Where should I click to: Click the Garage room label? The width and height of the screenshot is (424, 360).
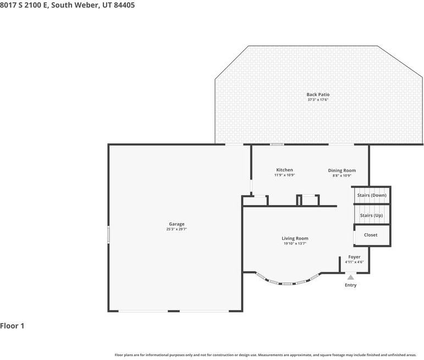tap(177, 224)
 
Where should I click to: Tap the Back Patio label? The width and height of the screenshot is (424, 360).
tap(318, 95)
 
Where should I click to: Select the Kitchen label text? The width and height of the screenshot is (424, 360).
tap(284, 170)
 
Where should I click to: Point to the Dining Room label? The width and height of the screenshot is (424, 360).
tap(342, 170)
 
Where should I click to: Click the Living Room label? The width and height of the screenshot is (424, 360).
tap(295, 239)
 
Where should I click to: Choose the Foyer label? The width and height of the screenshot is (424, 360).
tap(354, 257)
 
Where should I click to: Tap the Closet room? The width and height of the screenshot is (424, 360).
tap(371, 235)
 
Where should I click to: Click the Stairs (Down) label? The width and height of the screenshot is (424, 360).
tap(372, 196)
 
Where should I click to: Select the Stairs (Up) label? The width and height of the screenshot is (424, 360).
tap(372, 215)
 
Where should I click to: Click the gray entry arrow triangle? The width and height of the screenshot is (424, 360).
tap(351, 278)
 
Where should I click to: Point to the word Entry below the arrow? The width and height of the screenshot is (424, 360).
tap(351, 285)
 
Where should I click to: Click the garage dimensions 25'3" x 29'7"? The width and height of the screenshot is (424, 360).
tap(177, 229)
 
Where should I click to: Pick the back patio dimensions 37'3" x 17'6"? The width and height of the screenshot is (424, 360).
tap(318, 99)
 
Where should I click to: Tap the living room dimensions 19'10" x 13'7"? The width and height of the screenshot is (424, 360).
tap(295, 243)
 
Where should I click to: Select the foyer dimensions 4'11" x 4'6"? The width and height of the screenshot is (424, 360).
tap(354, 262)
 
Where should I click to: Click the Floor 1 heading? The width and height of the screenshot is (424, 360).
tap(12, 326)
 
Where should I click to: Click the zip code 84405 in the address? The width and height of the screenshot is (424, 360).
tap(124, 5)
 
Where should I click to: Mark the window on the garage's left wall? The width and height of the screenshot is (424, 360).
tap(109, 234)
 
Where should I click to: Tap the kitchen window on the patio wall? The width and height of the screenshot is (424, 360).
tap(277, 145)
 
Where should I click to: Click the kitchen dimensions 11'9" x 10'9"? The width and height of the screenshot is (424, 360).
tap(284, 175)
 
